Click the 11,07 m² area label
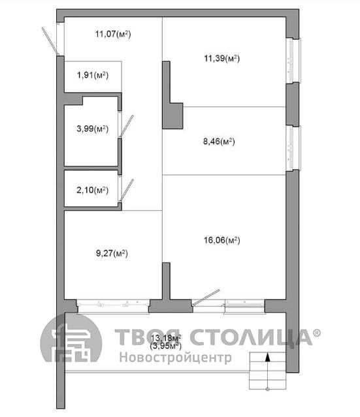113,34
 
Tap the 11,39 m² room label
221,58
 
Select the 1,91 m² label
93,75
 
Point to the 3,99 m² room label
92,129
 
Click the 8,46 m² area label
219,142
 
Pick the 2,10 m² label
92,190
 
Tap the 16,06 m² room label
221,240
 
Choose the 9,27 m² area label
112,253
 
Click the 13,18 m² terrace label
166,338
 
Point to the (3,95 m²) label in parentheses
165,346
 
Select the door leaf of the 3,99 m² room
127,127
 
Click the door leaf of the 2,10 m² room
127,191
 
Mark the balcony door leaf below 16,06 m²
206,298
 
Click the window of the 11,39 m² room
294,61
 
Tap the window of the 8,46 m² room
294,148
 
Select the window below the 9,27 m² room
113,306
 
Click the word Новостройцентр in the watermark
176,358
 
